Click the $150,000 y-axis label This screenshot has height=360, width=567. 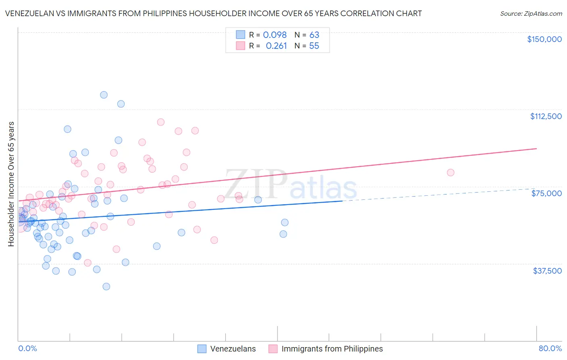coord(544,39)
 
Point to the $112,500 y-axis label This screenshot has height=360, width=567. coord(546,116)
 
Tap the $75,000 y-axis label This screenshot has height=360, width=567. coord(546,193)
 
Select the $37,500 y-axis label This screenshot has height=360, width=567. coord(547,271)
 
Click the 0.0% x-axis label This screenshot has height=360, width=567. coord(27,348)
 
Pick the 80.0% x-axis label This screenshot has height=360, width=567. coord(550,348)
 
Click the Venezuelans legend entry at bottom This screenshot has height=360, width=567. coord(233,349)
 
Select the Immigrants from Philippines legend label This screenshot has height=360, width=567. coord(332,349)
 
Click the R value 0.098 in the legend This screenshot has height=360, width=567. coord(275,35)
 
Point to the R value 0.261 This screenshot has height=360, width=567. coord(276,46)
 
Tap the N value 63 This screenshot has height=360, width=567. coord(314,35)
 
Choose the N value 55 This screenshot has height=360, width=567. coord(314,46)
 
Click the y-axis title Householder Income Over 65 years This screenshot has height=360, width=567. coord(11,184)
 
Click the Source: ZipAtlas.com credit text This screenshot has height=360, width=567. coord(531,14)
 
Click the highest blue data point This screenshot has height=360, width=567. coord(104,95)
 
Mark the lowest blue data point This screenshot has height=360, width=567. coord(106,287)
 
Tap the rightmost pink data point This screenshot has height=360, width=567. coord(450,172)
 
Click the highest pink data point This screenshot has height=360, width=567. coord(161,122)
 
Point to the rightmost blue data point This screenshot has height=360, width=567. coord(285,222)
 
